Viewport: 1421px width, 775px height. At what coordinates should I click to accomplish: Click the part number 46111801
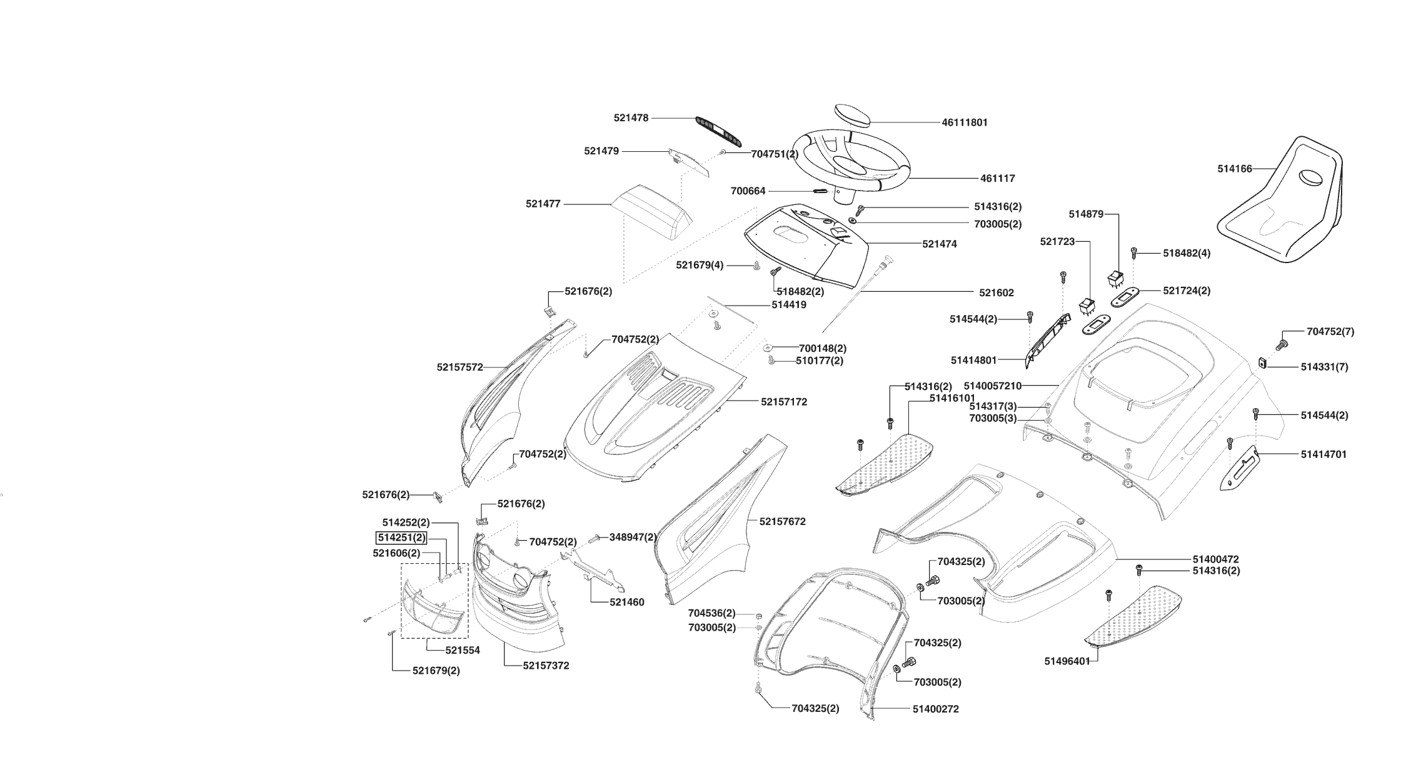(x=964, y=122)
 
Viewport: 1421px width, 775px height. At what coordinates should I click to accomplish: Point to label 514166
(x=1234, y=169)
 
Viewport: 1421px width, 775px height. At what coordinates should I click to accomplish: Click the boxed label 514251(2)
(x=401, y=537)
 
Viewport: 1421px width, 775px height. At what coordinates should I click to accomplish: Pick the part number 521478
(x=631, y=117)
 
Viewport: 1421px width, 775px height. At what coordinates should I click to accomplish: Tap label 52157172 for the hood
(x=783, y=402)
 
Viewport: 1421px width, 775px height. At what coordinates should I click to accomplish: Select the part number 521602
(x=996, y=292)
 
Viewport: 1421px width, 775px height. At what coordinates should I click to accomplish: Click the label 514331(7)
(x=1324, y=367)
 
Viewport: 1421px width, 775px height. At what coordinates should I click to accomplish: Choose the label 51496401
(x=1067, y=661)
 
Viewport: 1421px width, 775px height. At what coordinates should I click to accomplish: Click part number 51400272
(x=935, y=709)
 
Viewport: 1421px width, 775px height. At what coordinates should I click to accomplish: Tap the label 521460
(x=626, y=602)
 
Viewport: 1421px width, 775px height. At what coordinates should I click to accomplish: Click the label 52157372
(x=546, y=666)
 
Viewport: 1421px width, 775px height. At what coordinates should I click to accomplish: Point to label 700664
(x=748, y=191)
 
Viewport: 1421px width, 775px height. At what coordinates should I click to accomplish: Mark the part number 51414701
(x=1323, y=454)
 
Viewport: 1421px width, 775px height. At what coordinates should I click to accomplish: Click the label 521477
(x=543, y=204)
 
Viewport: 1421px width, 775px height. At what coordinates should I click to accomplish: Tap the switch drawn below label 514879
(x=1116, y=278)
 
